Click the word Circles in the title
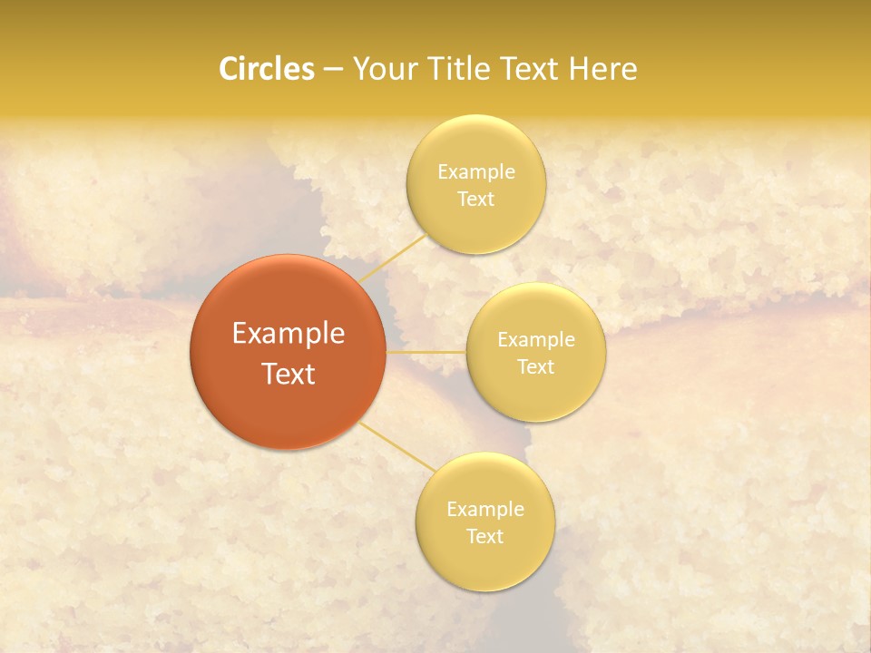(x=266, y=69)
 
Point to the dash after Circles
(x=333, y=70)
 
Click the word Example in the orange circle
(x=288, y=334)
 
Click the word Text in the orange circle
(x=288, y=374)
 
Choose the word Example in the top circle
(x=475, y=171)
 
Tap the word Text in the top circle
(x=475, y=199)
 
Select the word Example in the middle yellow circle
(x=536, y=339)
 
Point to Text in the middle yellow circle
(x=536, y=366)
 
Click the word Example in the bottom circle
(x=484, y=509)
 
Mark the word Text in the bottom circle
(x=484, y=536)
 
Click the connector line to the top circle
(x=392, y=258)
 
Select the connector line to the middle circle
(x=426, y=351)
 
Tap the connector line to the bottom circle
(x=397, y=446)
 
